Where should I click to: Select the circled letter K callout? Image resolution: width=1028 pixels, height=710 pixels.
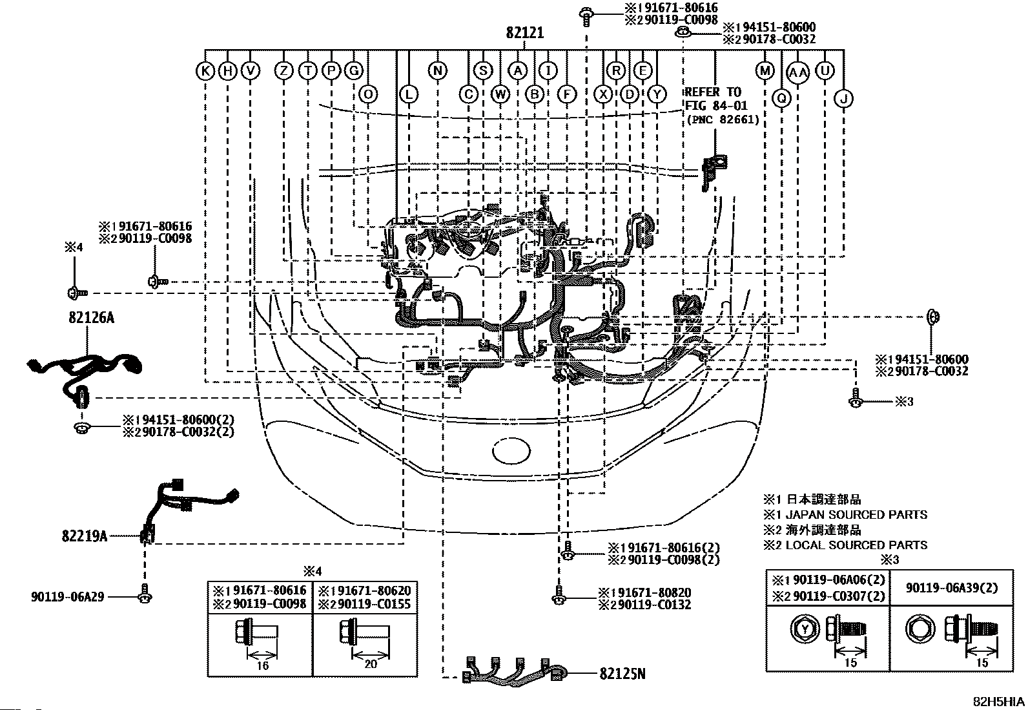(205, 70)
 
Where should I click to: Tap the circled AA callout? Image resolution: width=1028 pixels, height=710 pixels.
(799, 72)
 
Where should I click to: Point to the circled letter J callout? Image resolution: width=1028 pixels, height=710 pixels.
(843, 98)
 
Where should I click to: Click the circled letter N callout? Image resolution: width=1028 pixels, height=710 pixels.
(437, 70)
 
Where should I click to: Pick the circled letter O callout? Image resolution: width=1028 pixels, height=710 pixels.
(368, 95)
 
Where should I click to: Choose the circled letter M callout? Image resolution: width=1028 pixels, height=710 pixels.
(765, 70)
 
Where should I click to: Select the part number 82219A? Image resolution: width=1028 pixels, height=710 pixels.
(85, 536)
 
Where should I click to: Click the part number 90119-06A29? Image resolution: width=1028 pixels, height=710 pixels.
(68, 597)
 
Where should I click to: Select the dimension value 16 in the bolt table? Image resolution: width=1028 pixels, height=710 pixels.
(262, 665)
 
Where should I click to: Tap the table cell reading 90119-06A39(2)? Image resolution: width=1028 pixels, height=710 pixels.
(951, 588)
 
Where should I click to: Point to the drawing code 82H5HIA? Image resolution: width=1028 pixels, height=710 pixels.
(999, 701)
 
